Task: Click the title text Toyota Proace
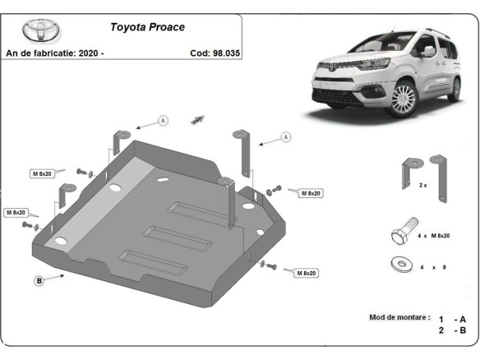[148, 26]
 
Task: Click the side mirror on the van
[429, 51]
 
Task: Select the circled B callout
[39, 281]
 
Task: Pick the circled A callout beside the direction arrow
[163, 121]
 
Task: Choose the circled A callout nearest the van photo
[285, 137]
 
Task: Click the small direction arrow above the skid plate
[197, 119]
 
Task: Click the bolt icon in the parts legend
[402, 233]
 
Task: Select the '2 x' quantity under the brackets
[422, 186]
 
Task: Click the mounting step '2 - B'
[453, 330]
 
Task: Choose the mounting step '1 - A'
[453, 318]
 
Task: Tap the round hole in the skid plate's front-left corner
[60, 242]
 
